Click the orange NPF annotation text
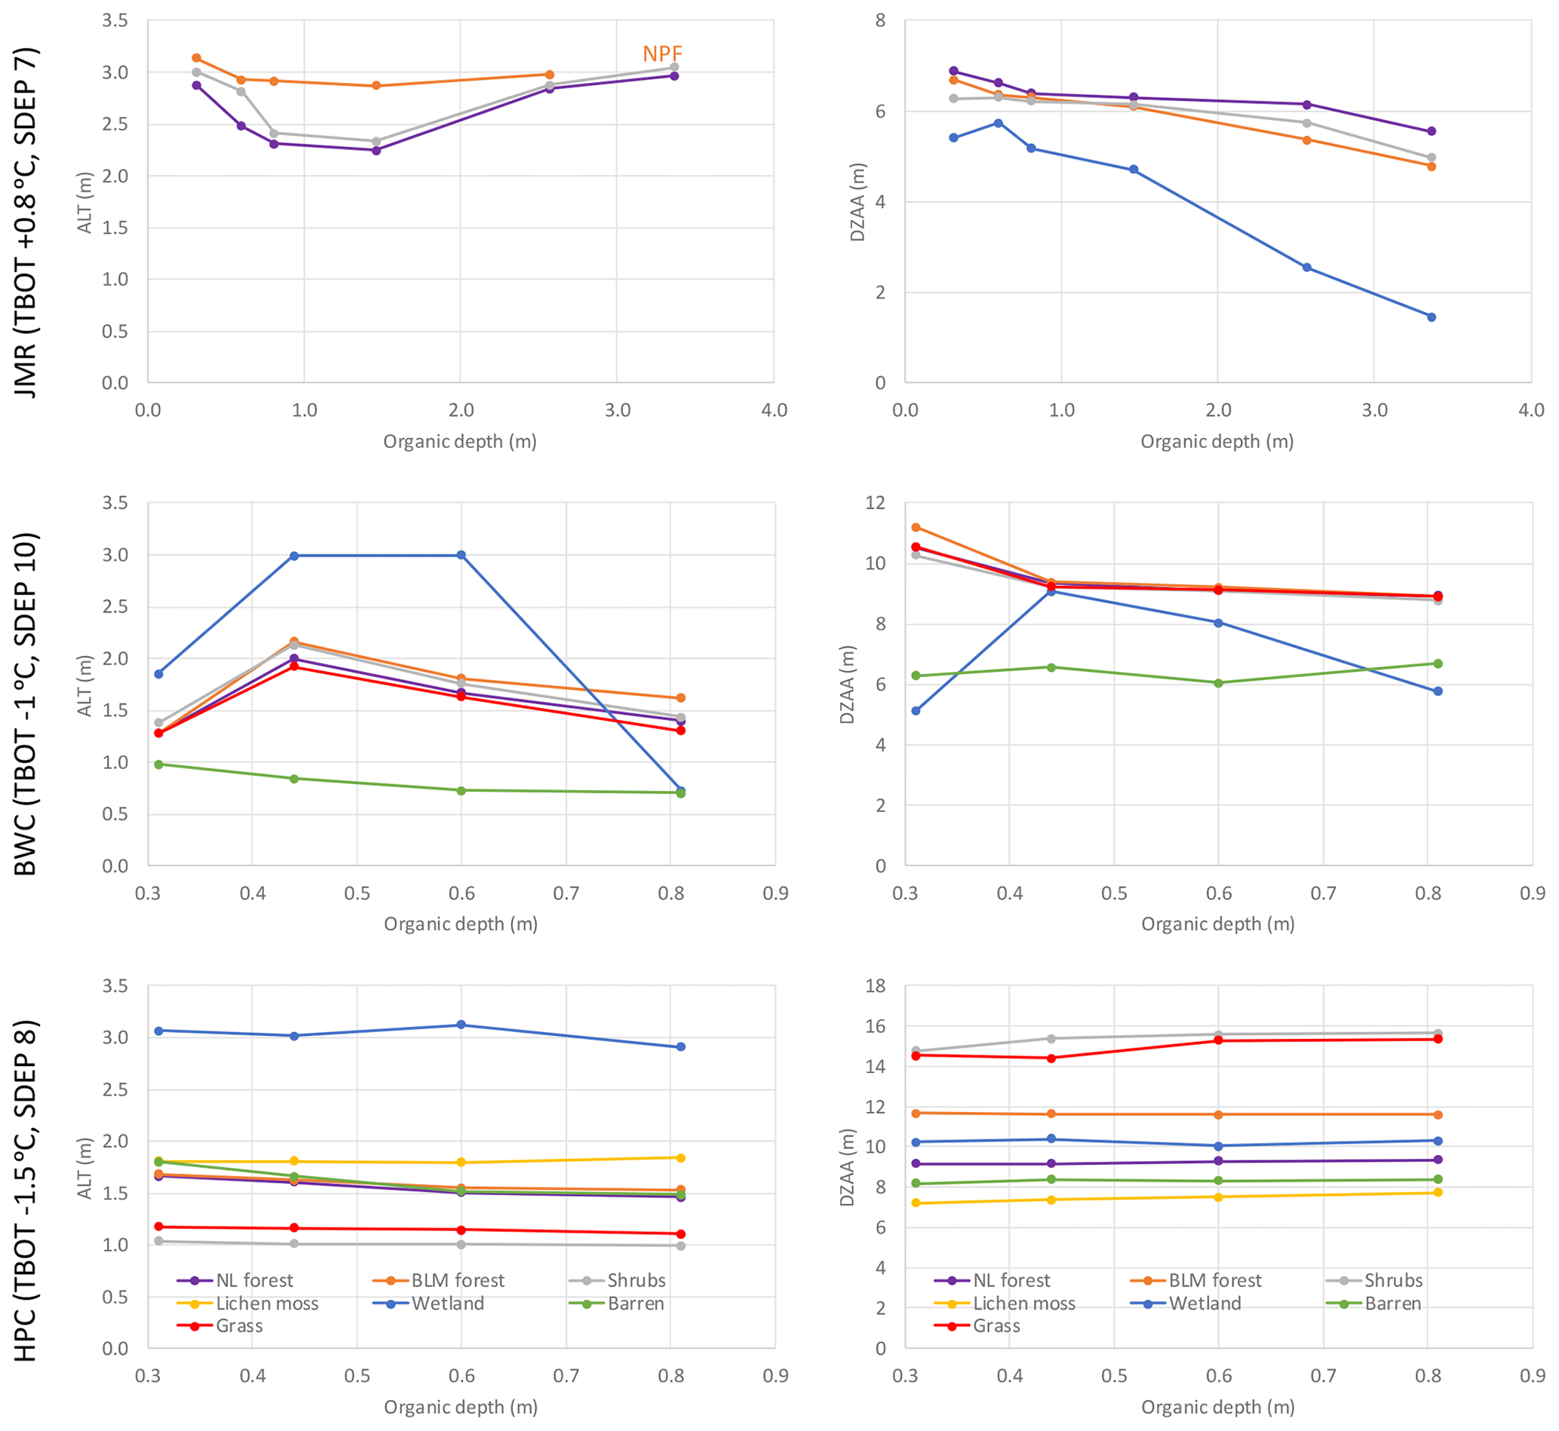pos(662,54)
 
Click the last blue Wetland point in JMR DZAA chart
pos(1432,317)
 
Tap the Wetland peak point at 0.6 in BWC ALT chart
pos(462,555)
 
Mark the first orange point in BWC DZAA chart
pos(916,527)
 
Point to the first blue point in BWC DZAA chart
pos(916,711)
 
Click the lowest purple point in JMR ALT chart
pos(376,150)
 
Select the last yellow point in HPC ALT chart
pos(681,1157)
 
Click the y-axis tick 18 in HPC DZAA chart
pos(875,985)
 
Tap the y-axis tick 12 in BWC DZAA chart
pos(875,504)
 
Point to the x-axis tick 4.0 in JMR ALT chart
pos(774,410)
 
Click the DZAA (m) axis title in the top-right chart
pos(858,202)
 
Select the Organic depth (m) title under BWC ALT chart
pos(461,924)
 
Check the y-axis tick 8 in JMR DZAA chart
pos(881,21)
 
